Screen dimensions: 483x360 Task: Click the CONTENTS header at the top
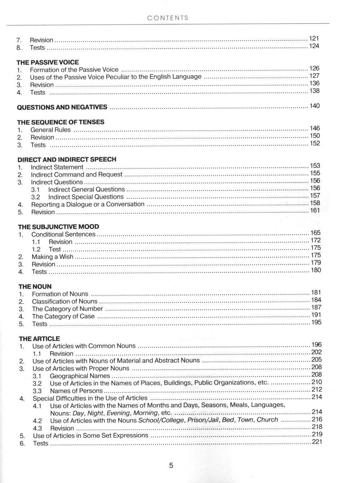click(168, 18)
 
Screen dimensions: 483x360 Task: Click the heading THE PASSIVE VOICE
click(48, 62)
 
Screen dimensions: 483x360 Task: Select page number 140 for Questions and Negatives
click(314, 106)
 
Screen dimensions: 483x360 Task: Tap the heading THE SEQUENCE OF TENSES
click(61, 122)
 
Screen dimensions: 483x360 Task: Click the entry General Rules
click(50, 130)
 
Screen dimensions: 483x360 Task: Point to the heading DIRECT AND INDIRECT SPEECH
click(67, 159)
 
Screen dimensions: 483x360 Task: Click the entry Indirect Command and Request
click(77, 175)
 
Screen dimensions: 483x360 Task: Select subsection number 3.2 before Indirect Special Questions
click(36, 197)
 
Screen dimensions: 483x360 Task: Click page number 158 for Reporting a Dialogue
click(315, 203)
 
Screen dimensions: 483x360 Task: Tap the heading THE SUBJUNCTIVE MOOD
click(59, 227)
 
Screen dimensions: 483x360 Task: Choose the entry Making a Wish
click(53, 257)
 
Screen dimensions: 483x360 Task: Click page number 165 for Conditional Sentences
click(315, 233)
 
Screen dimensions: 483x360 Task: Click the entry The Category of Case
click(63, 316)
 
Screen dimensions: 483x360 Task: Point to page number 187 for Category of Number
click(316, 307)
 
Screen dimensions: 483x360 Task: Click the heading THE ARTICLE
click(39, 339)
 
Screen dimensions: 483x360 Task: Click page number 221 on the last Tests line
click(317, 442)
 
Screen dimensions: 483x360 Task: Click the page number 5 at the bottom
click(171, 465)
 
